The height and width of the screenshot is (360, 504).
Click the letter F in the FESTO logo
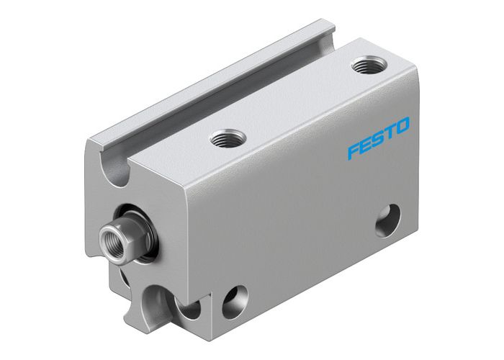pyautogui.click(x=353, y=152)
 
